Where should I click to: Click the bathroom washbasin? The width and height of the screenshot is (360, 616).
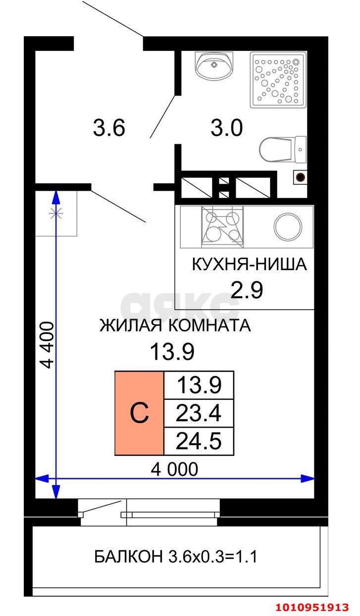pos(214,66)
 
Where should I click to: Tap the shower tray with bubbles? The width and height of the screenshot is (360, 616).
pos(278,80)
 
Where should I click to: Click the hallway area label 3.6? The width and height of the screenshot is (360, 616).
pos(109,128)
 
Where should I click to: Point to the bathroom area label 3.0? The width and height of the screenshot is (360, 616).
pos(226,128)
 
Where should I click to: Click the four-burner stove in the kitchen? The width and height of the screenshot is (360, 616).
pos(222,227)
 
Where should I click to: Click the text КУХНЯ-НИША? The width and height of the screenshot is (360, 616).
pos(250,265)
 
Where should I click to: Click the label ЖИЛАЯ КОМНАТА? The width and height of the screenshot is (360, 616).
pos(175,326)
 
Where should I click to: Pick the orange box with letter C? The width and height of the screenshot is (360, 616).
pos(140,413)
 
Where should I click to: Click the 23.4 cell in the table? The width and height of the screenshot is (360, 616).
pos(199,412)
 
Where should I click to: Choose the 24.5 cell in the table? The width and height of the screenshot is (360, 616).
pos(199,440)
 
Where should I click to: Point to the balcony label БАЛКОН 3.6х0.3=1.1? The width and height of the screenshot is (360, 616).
pos(176,557)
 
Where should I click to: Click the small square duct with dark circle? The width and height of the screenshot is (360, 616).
pos(300,176)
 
